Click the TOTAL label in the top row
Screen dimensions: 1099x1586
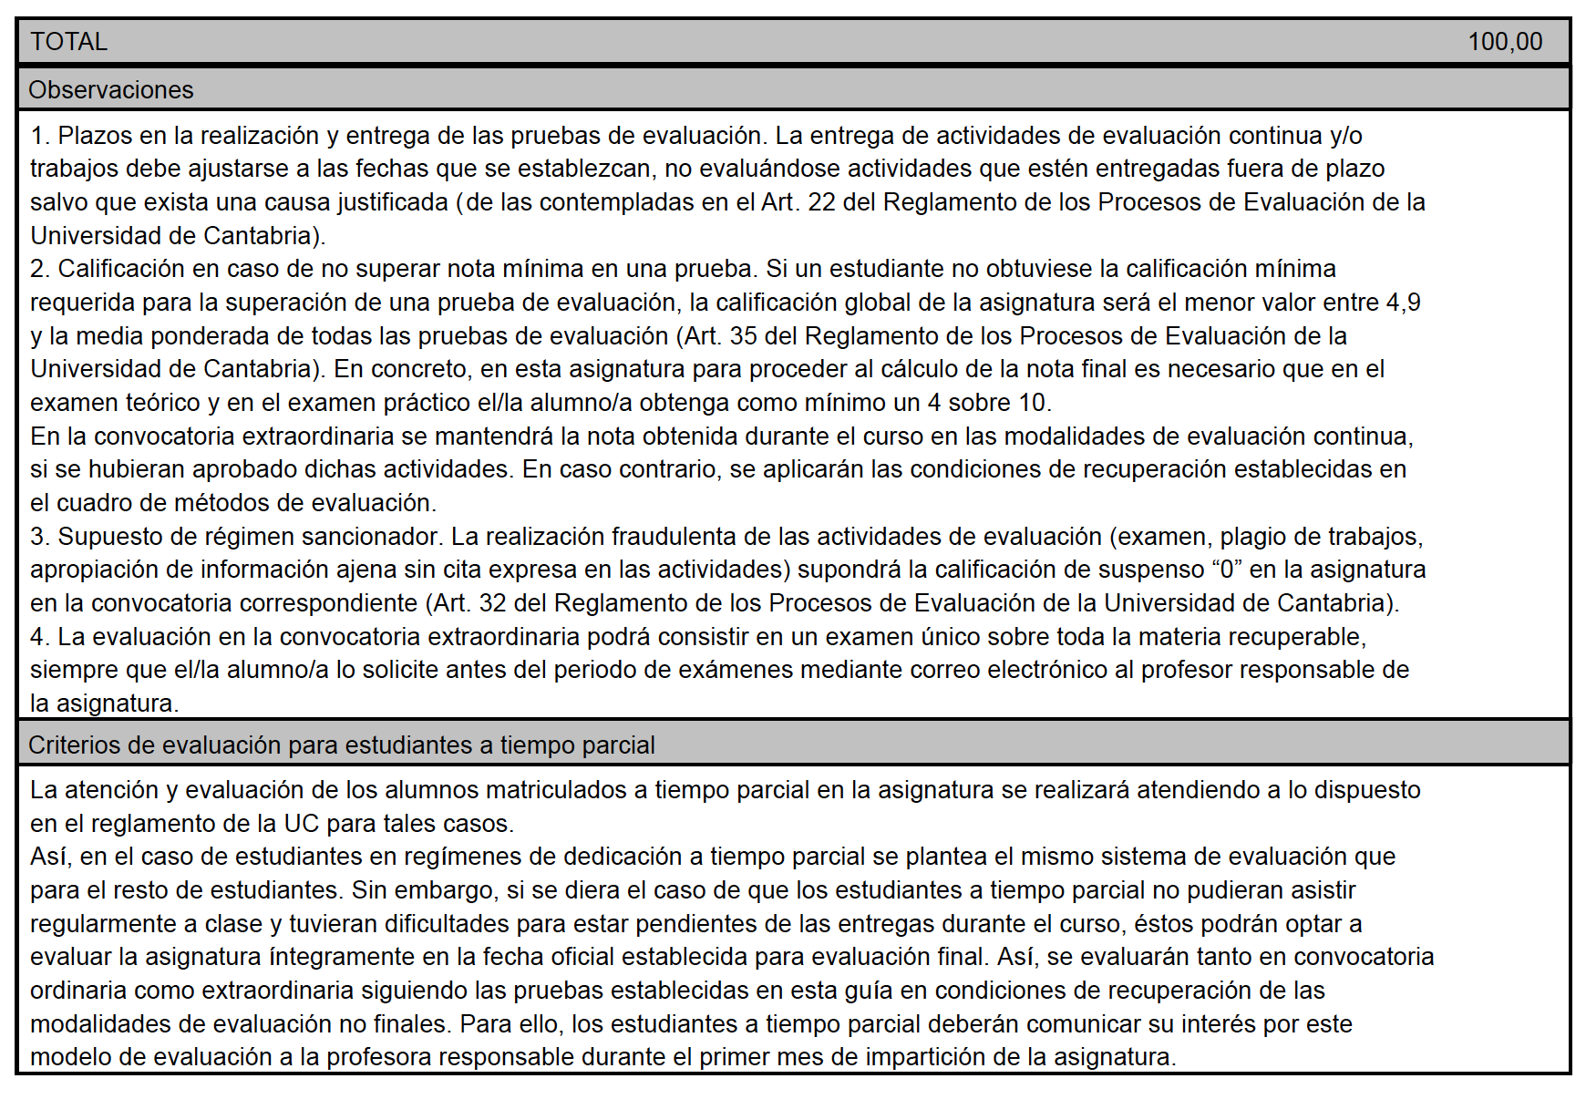(x=69, y=42)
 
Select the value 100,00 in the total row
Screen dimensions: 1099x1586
(x=1505, y=42)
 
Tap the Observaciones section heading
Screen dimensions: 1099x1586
(x=111, y=90)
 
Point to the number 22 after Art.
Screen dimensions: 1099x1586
(x=821, y=202)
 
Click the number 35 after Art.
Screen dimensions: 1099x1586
(x=743, y=336)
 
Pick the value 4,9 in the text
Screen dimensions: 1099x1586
(x=1403, y=303)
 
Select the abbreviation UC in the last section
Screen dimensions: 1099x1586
(x=301, y=824)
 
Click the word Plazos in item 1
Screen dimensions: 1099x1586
(x=96, y=136)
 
